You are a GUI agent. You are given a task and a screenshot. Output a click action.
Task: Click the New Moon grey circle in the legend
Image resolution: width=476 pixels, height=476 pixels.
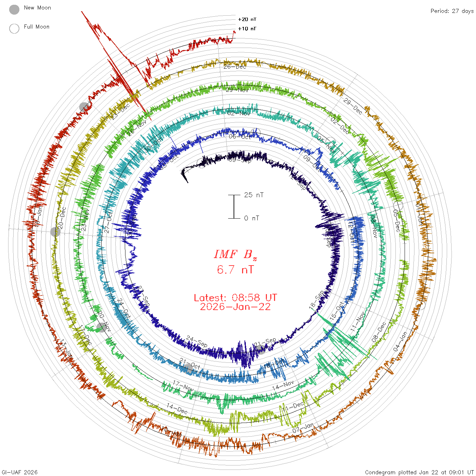(x=14, y=10)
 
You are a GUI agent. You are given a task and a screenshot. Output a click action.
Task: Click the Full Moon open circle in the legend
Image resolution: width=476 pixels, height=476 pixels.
(x=14, y=29)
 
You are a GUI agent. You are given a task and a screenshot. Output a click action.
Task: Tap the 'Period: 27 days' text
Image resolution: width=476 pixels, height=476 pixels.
(x=452, y=11)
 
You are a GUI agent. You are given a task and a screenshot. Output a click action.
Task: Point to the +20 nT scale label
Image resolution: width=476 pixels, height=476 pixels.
(x=247, y=19)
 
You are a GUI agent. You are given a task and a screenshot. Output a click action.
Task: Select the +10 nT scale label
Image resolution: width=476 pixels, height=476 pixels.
(x=247, y=29)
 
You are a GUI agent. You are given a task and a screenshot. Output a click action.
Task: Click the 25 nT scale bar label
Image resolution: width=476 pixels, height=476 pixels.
(x=254, y=195)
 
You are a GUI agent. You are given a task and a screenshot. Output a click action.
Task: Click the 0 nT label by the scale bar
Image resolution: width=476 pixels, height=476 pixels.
(x=252, y=218)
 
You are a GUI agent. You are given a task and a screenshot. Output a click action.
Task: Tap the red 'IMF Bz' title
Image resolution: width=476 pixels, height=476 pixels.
(x=235, y=254)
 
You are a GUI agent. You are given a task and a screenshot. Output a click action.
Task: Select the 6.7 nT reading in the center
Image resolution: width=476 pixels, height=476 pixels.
(x=235, y=270)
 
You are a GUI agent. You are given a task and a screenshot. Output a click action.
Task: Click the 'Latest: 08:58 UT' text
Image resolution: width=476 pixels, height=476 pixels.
(x=235, y=298)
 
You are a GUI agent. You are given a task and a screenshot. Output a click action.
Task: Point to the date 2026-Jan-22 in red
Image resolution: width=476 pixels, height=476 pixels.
(x=235, y=307)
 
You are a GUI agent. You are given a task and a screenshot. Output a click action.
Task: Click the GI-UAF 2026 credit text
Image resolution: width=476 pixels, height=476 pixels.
(x=19, y=472)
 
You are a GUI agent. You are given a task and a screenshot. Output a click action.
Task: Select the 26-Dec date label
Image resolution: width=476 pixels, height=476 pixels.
(x=235, y=67)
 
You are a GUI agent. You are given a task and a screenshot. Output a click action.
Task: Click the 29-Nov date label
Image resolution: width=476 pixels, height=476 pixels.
(x=237, y=90)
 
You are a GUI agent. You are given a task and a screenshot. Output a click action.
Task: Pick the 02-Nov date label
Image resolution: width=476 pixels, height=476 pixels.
(x=239, y=113)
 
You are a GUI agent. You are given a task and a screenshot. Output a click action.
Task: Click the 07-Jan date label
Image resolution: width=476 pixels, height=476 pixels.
(x=303, y=428)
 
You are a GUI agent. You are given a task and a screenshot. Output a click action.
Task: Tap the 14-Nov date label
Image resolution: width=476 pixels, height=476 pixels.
(x=283, y=385)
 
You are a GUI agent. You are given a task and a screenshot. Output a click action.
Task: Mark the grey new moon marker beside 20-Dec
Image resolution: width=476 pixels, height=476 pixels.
(x=55, y=232)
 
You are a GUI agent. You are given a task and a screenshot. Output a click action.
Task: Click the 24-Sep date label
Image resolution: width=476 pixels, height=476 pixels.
(x=197, y=341)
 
